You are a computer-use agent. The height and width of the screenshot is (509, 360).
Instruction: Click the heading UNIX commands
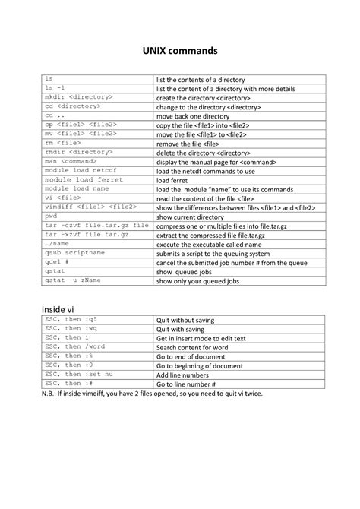(x=180, y=50)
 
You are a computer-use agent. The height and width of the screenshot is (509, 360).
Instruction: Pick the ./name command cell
(x=56, y=244)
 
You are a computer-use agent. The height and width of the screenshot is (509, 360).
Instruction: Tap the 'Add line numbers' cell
(x=183, y=375)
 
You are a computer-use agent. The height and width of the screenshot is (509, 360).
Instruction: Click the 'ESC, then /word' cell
(x=74, y=347)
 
